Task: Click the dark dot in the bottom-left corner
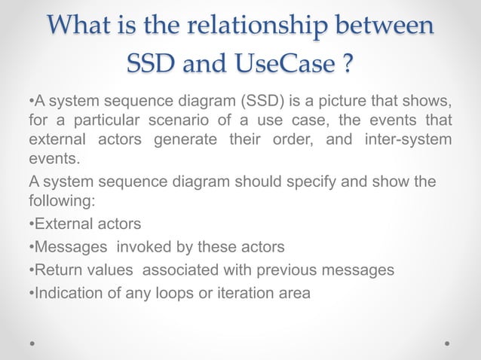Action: point(32,343)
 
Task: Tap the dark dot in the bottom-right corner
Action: point(448,343)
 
